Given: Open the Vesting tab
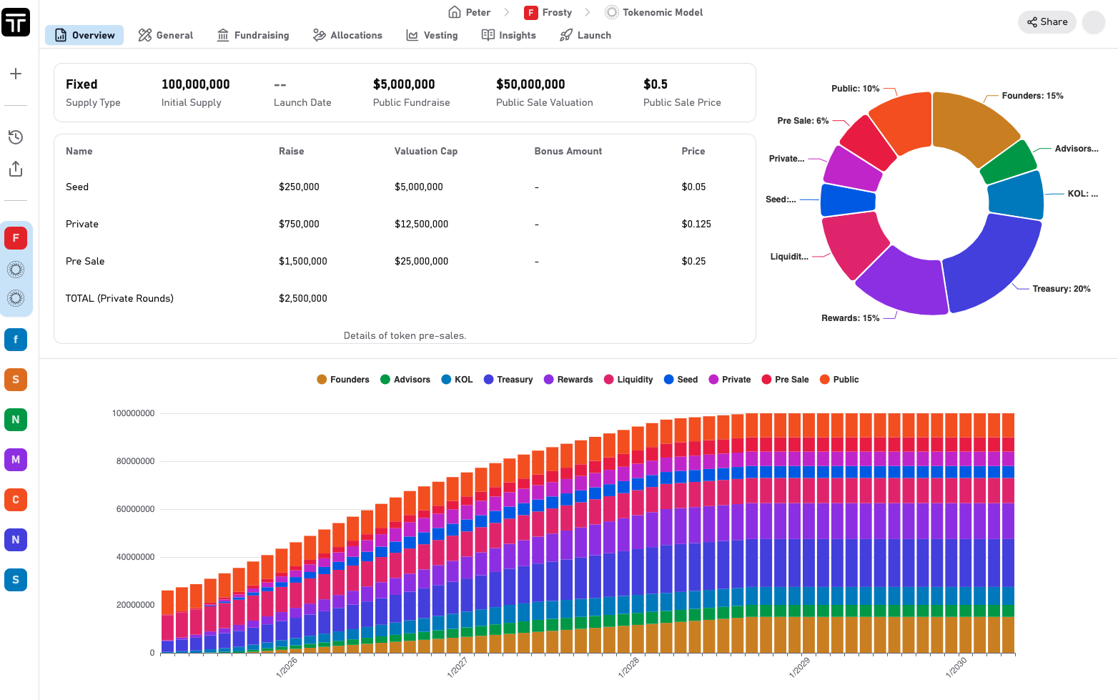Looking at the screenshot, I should click(432, 35).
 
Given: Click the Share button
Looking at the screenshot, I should click(1047, 21).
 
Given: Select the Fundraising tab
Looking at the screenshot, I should click(253, 35).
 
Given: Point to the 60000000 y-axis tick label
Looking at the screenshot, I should click(135, 509).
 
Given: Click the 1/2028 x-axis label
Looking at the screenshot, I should click(628, 667).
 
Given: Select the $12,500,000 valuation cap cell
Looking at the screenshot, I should click(421, 224).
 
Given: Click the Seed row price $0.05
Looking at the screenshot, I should click(693, 187).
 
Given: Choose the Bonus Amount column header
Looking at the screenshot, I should click(568, 151).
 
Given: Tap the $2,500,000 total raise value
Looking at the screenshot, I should click(302, 298).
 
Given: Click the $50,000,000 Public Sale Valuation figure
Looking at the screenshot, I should click(530, 84).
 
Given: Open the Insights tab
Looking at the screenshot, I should click(509, 35).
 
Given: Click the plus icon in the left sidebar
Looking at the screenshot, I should click(16, 74).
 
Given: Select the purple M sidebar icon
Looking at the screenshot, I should click(16, 460).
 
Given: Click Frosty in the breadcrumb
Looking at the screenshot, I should click(548, 12).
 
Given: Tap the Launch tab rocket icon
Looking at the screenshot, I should click(566, 35).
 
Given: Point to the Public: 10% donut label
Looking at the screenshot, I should click(855, 89).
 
